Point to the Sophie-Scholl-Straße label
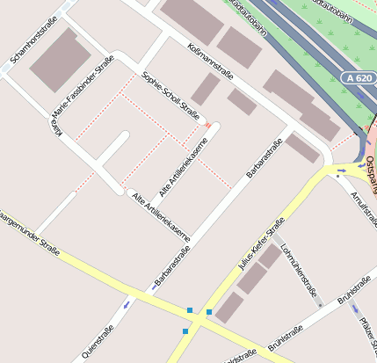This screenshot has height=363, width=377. tap(170, 97)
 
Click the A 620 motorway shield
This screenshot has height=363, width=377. tap(358, 78)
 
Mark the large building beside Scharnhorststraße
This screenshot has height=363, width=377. tap(61, 59)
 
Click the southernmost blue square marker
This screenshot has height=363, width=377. tap(185, 330)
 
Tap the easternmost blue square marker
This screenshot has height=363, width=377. tap(209, 312)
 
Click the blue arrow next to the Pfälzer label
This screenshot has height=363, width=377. tap(359, 322)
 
